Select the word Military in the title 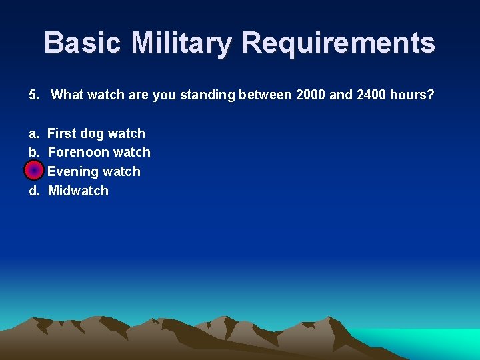182,43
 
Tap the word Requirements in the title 338,43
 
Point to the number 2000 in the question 309,95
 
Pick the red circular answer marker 33,171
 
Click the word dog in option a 92,133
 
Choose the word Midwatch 78,191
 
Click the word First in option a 62,133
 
